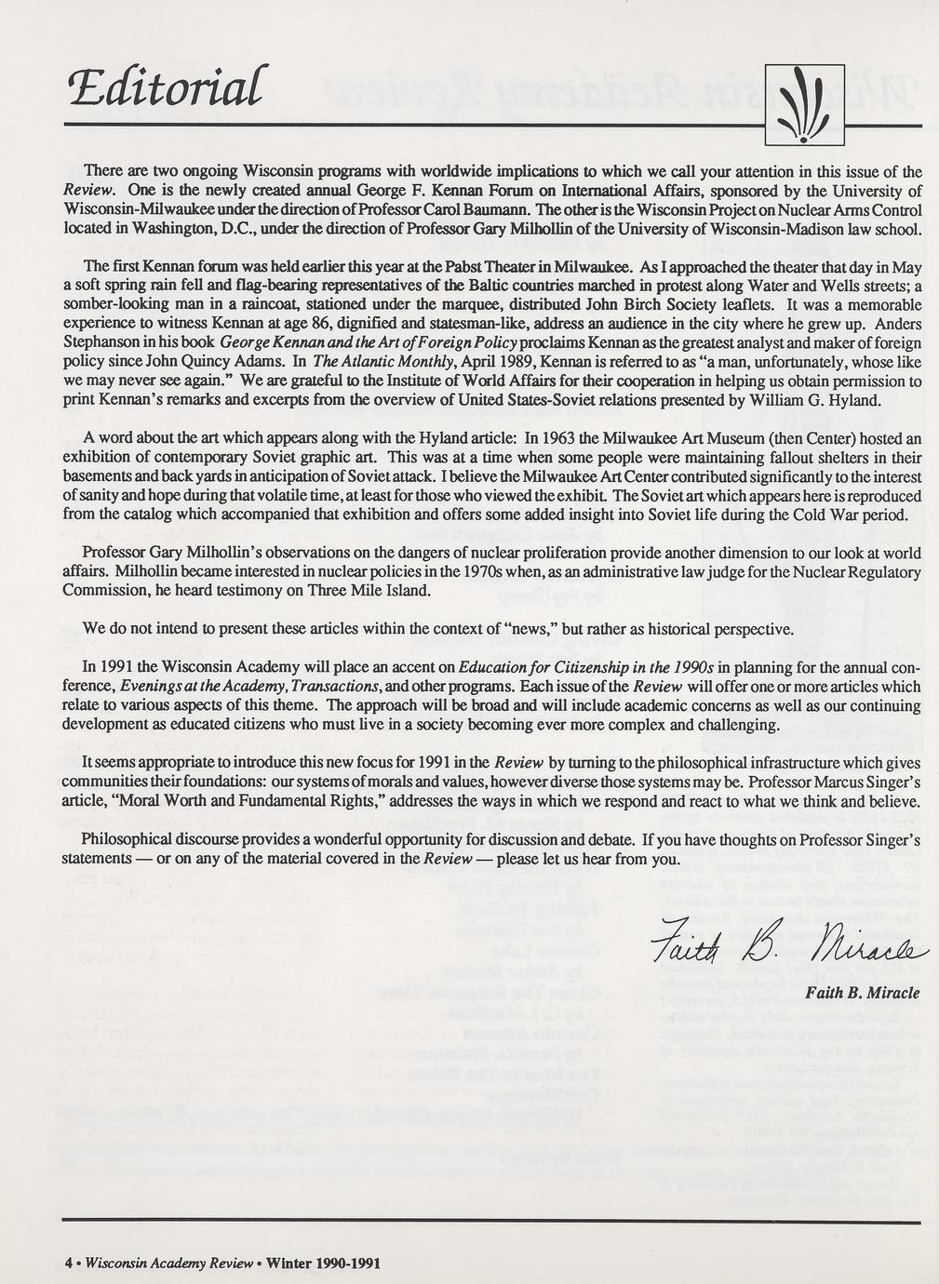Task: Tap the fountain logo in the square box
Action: coord(804,104)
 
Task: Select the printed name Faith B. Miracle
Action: coord(863,993)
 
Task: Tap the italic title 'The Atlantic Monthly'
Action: coord(377,362)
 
